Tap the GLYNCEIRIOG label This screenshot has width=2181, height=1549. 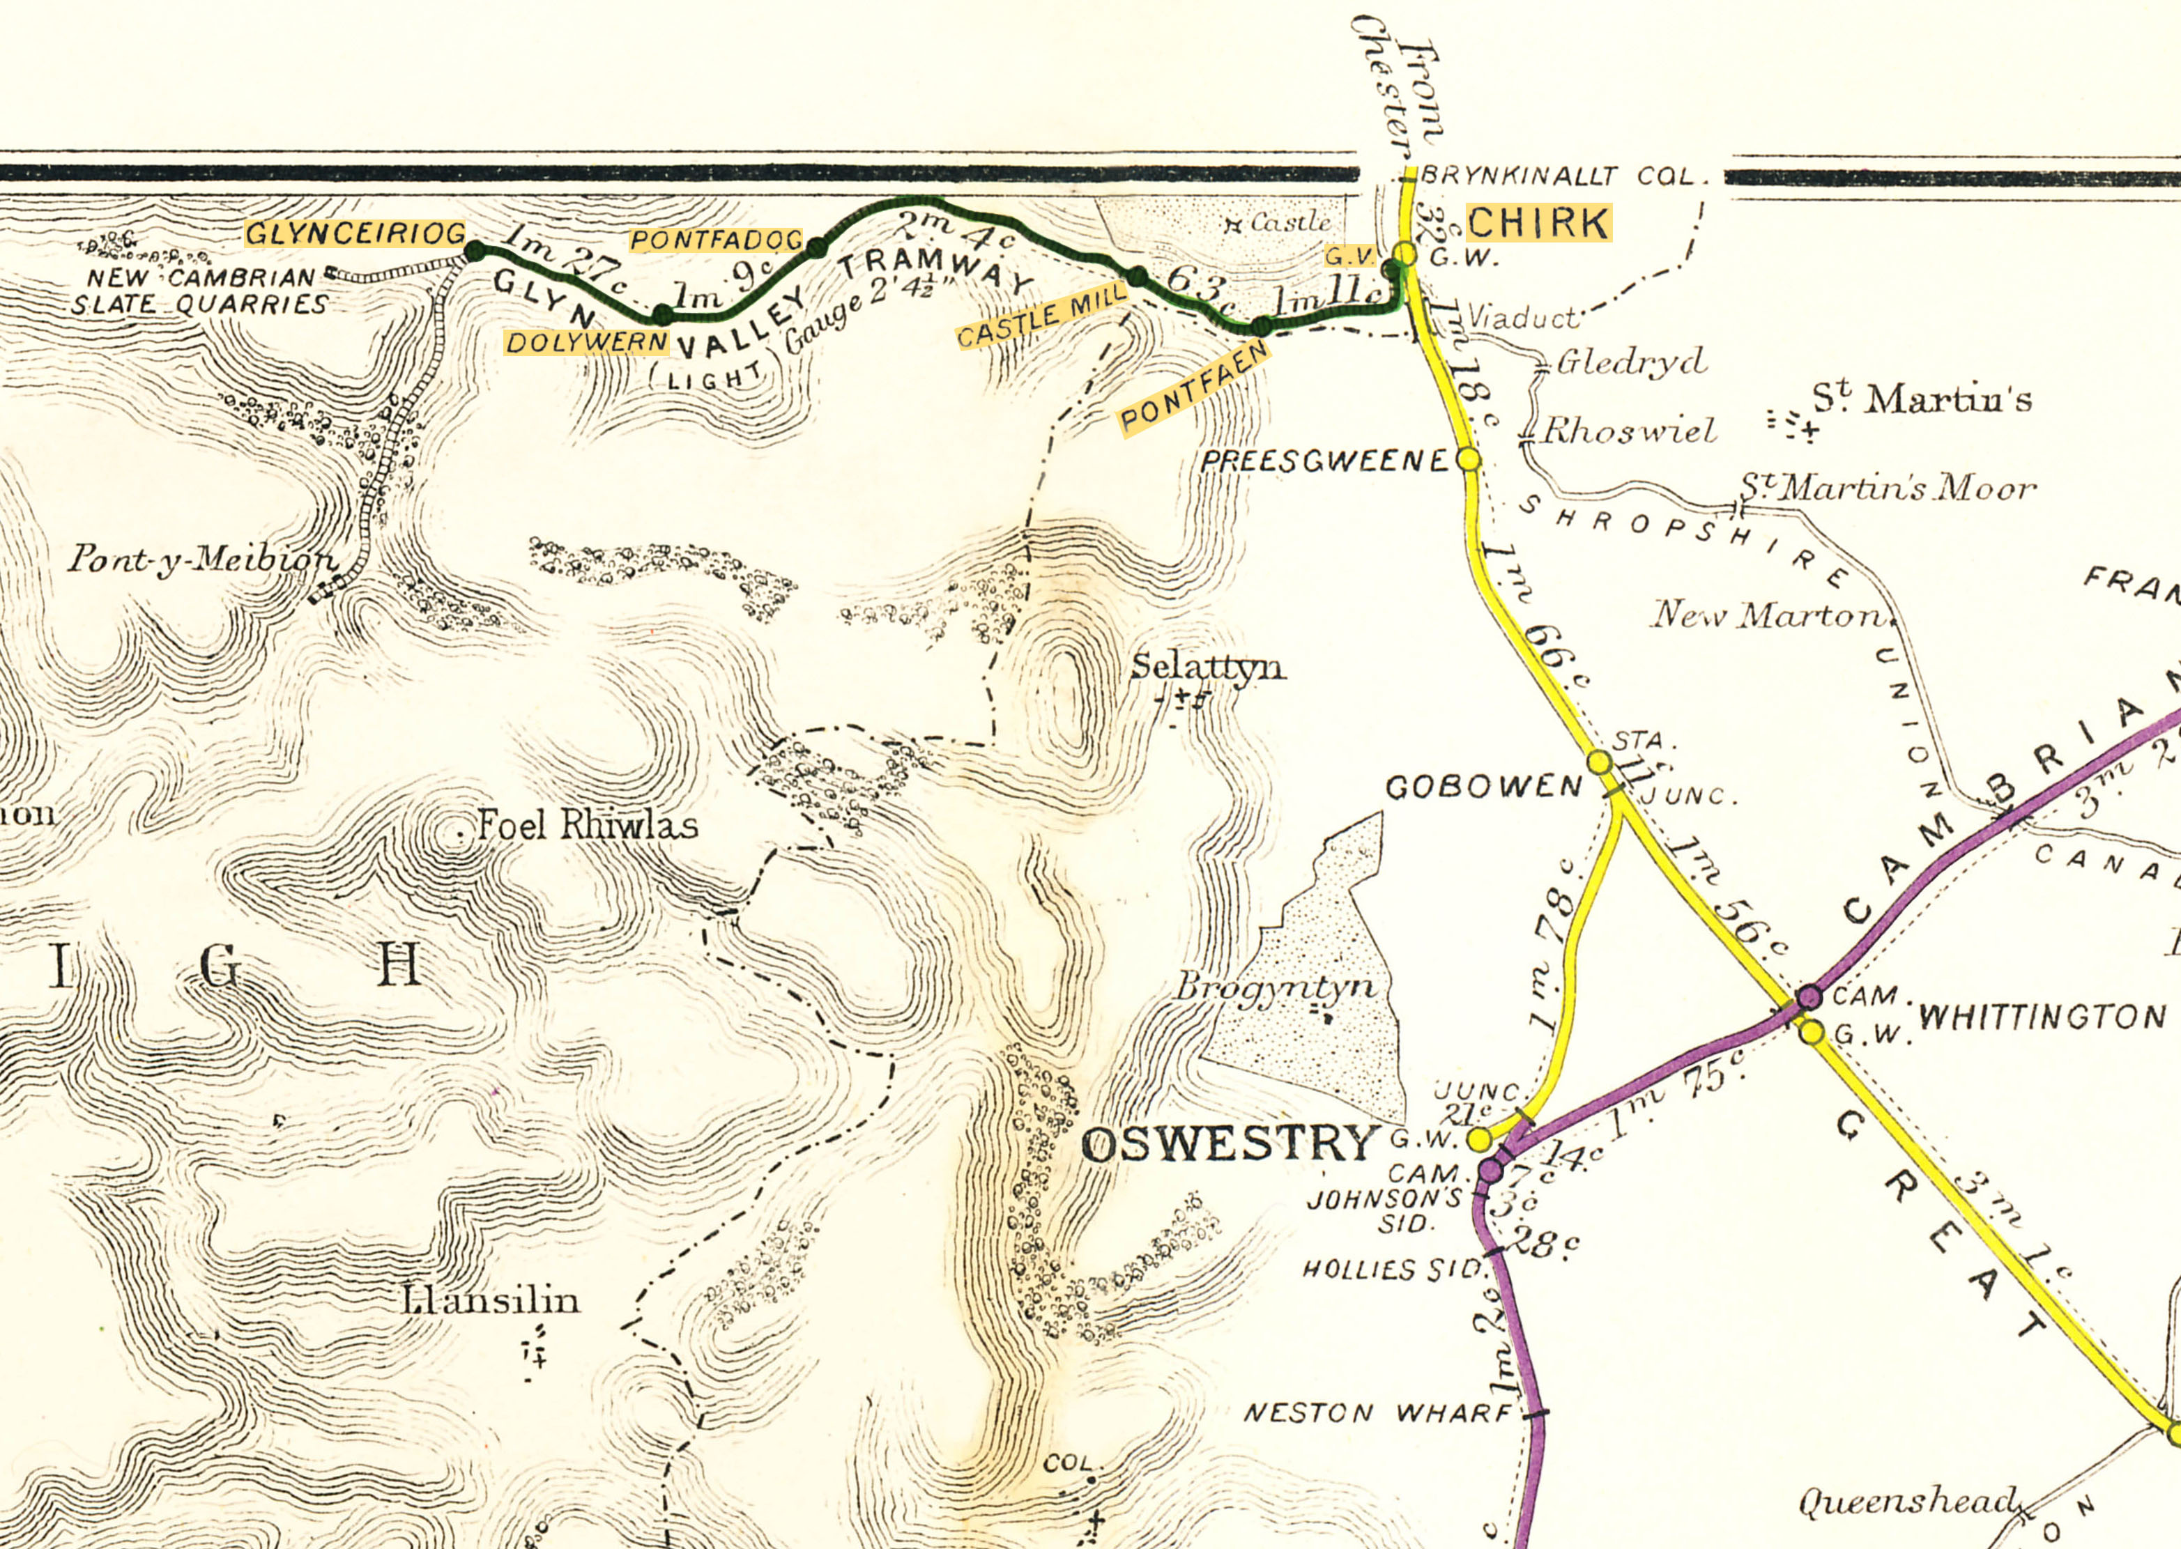pos(356,233)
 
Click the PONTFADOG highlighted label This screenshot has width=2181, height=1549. pos(716,240)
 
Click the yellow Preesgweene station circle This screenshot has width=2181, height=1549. pos(1470,460)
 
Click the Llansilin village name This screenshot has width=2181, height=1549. pos(491,1300)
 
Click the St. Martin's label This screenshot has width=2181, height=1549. pos(1922,399)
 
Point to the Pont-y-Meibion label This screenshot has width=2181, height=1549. pos(202,560)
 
